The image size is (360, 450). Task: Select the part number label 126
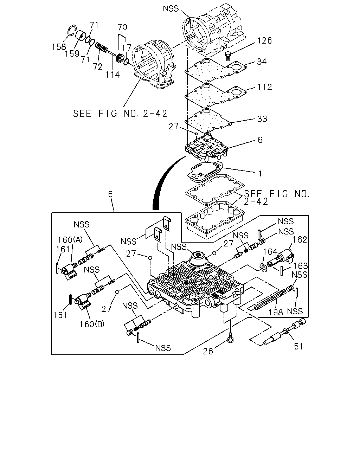click(x=264, y=40)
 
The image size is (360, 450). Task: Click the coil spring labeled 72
click(x=102, y=47)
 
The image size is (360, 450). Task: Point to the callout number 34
click(x=262, y=62)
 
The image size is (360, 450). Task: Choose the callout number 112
click(x=265, y=87)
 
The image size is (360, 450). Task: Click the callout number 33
click(x=262, y=119)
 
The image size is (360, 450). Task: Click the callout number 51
click(x=298, y=347)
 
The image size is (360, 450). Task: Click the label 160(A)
click(x=70, y=240)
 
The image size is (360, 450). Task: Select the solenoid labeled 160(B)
click(x=83, y=302)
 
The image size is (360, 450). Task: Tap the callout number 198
click(x=276, y=313)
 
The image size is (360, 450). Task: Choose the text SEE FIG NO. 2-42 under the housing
click(x=120, y=114)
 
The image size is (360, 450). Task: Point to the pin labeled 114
click(x=112, y=54)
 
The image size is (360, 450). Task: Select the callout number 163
click(x=300, y=266)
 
